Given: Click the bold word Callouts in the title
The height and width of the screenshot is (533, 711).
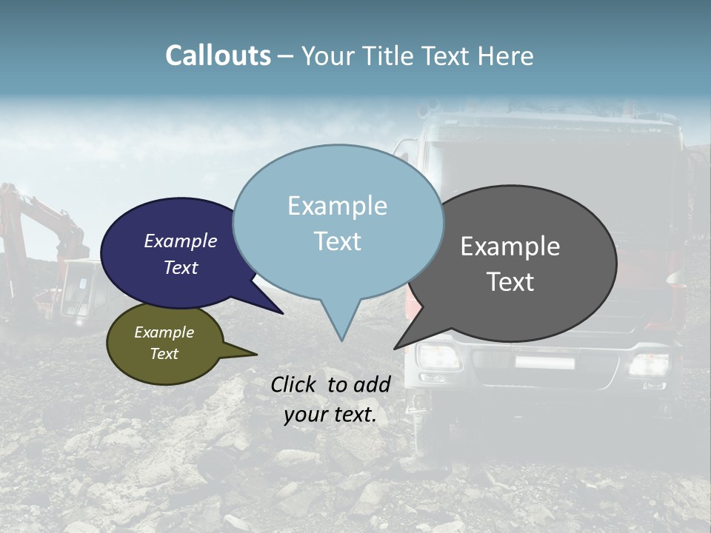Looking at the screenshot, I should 218,56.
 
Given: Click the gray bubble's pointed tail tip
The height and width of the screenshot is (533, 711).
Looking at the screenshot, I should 395,349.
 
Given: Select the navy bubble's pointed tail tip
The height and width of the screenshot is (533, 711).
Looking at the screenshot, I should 282,313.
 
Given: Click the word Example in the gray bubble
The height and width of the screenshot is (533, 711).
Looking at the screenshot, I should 510,247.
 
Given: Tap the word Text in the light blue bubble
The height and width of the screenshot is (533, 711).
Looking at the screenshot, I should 338,241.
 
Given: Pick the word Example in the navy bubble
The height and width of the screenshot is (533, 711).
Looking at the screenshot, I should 181,241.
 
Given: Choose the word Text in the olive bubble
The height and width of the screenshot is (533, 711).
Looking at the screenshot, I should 164,354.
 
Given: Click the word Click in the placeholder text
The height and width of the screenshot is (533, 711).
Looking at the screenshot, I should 295,384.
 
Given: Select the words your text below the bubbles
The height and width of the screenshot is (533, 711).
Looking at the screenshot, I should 330,415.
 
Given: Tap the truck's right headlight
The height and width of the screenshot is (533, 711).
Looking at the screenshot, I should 649,364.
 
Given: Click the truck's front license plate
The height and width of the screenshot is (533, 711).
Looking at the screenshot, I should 545,363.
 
